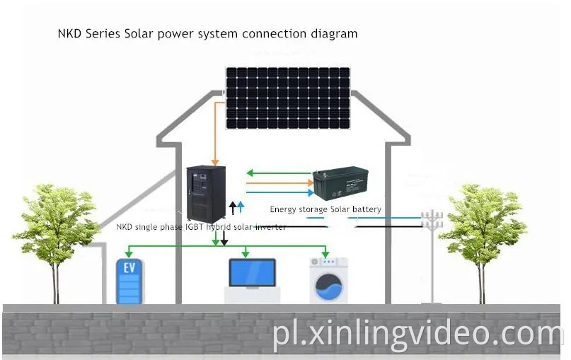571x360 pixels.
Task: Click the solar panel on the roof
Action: coord(288,98)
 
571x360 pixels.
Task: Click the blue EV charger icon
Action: coord(129,281)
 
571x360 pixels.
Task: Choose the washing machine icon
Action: coord(329,281)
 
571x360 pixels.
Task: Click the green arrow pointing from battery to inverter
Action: coord(250,173)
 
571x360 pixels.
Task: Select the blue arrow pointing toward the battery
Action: coord(309,191)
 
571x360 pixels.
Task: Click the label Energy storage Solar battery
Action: coord(325,209)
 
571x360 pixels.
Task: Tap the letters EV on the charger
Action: coord(129,269)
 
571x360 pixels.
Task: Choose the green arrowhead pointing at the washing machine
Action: coord(325,254)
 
